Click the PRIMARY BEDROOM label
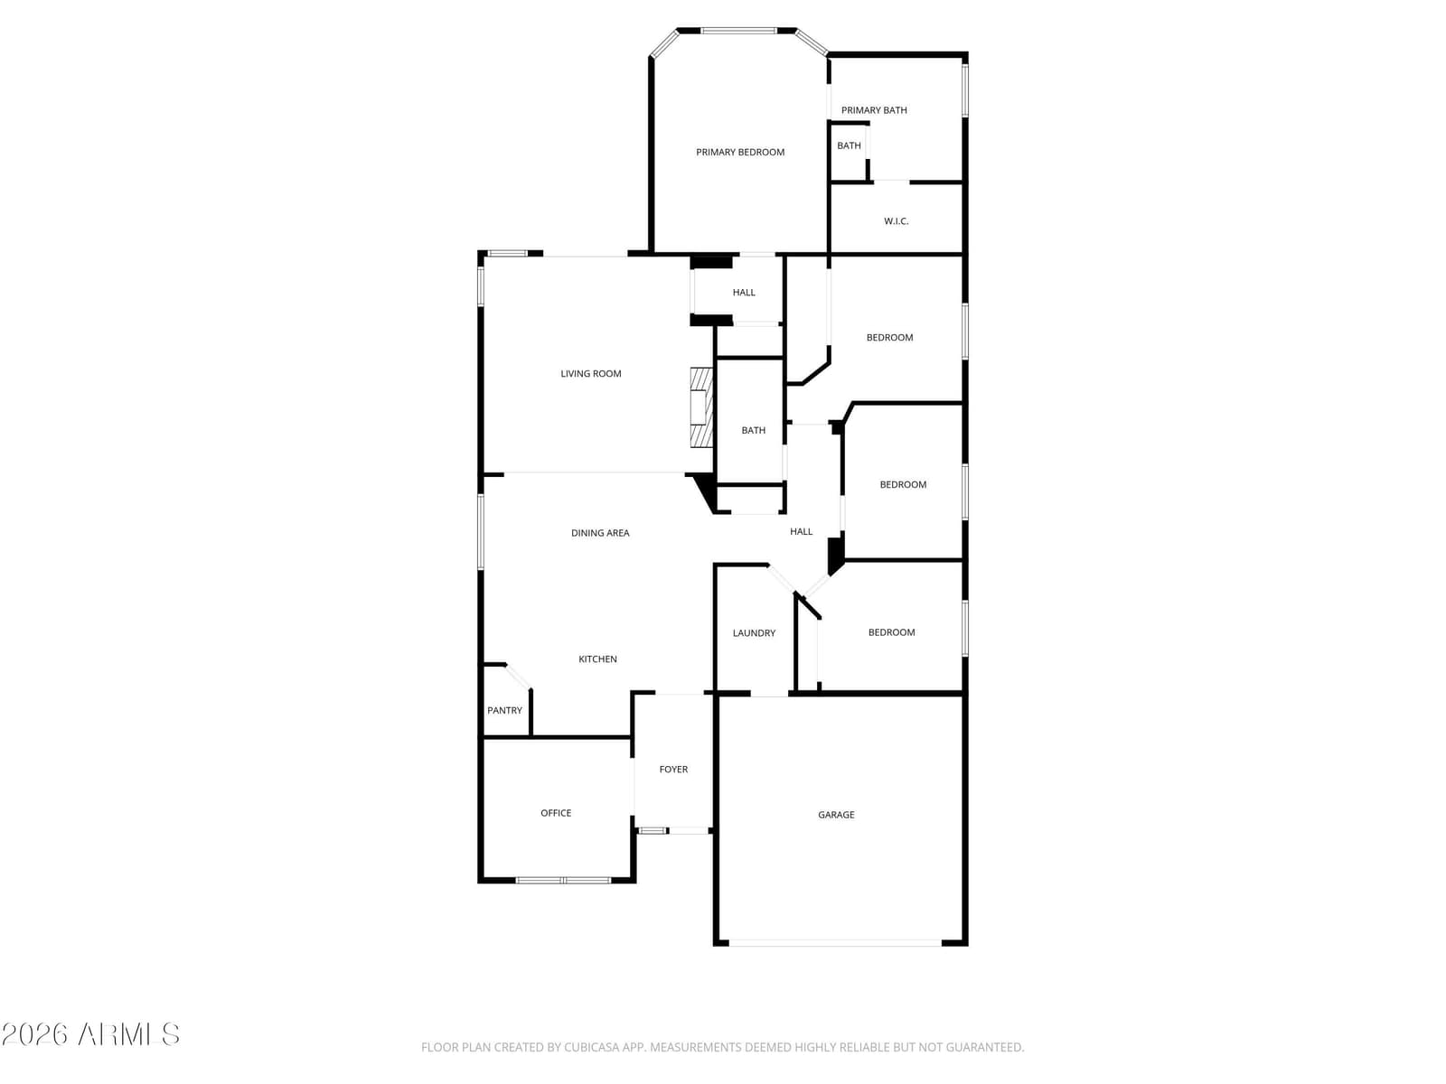click(x=740, y=152)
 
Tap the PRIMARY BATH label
click(x=874, y=110)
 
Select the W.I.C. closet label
click(x=896, y=221)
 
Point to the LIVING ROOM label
click(x=590, y=374)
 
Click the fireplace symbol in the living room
click(x=701, y=408)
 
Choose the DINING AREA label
click(x=599, y=533)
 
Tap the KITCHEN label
click(x=597, y=659)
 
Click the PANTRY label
click(x=504, y=710)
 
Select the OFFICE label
click(x=555, y=813)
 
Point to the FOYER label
click(x=673, y=770)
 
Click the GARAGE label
click(x=836, y=815)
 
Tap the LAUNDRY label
click(x=754, y=633)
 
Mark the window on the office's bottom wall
click(x=563, y=880)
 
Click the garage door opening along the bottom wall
click(x=835, y=943)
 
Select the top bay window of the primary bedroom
click(x=737, y=31)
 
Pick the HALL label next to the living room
click(x=744, y=292)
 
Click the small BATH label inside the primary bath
click(x=849, y=145)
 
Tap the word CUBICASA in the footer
click(x=587, y=1047)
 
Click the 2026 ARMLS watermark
click(x=90, y=1034)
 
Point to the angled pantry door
click(x=518, y=677)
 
